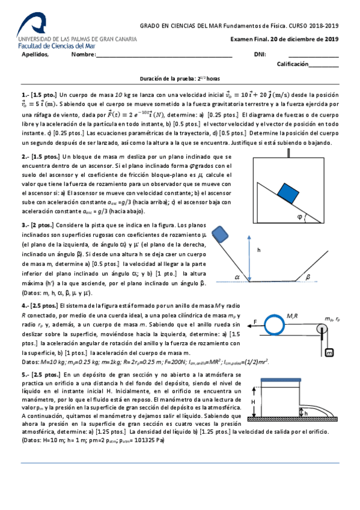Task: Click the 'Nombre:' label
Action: (x=83, y=55)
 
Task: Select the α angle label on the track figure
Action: (x=237, y=277)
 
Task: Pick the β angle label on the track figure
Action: (x=308, y=277)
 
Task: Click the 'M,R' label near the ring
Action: (x=294, y=314)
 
